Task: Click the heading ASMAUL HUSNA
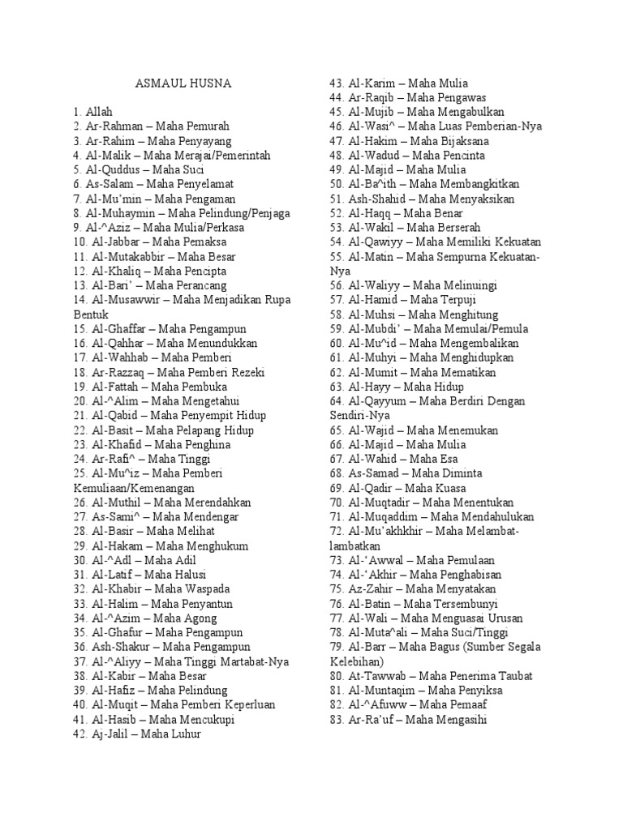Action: click(x=183, y=83)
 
